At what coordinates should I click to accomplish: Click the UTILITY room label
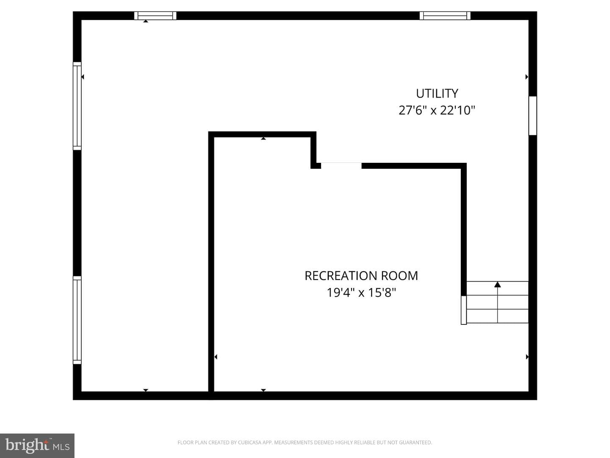pos(437,94)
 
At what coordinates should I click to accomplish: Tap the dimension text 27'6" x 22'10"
pos(437,110)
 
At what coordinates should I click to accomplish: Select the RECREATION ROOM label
pos(361,276)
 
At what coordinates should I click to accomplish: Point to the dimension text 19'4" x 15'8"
pos(361,293)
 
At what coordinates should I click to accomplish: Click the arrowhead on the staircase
pos(497,285)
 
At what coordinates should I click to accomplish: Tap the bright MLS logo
pos(37,446)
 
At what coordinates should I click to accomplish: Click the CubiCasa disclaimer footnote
pos(305,442)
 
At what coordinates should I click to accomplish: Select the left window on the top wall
pos(155,16)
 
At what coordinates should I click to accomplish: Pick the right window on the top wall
pos(445,16)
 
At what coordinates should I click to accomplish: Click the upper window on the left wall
pos(77,106)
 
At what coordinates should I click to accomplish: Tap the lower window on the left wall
pos(77,320)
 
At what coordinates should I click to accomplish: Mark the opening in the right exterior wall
pos(533,116)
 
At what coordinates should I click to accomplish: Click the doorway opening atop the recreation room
pos(341,166)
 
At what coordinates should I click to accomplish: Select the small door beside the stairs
pos(463,310)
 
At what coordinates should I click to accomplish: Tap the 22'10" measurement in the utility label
pos(457,110)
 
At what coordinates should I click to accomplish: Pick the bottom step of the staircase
pos(497,316)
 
